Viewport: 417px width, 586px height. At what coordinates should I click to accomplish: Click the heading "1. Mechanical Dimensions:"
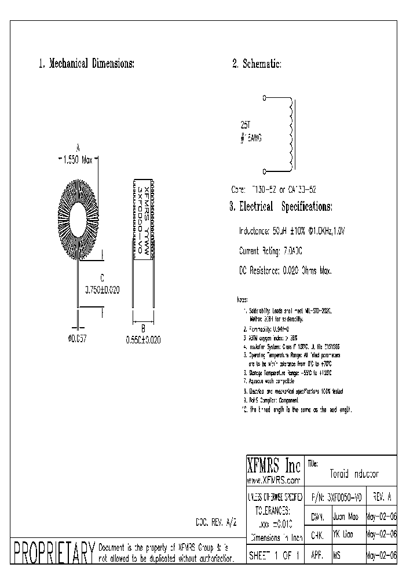(86, 64)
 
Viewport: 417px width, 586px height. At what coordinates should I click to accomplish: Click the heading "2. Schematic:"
(257, 64)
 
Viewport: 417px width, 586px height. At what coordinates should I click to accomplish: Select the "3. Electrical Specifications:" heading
(281, 206)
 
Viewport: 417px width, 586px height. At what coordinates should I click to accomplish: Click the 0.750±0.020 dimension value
(103, 291)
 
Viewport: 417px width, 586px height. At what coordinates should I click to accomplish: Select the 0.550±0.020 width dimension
(144, 340)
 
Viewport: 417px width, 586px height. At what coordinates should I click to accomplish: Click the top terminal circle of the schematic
(265, 98)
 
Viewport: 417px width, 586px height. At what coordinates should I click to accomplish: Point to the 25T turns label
(246, 124)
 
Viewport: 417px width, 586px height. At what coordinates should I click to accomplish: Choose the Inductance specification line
(295, 230)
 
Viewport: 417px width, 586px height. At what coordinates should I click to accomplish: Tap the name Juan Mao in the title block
(346, 516)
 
